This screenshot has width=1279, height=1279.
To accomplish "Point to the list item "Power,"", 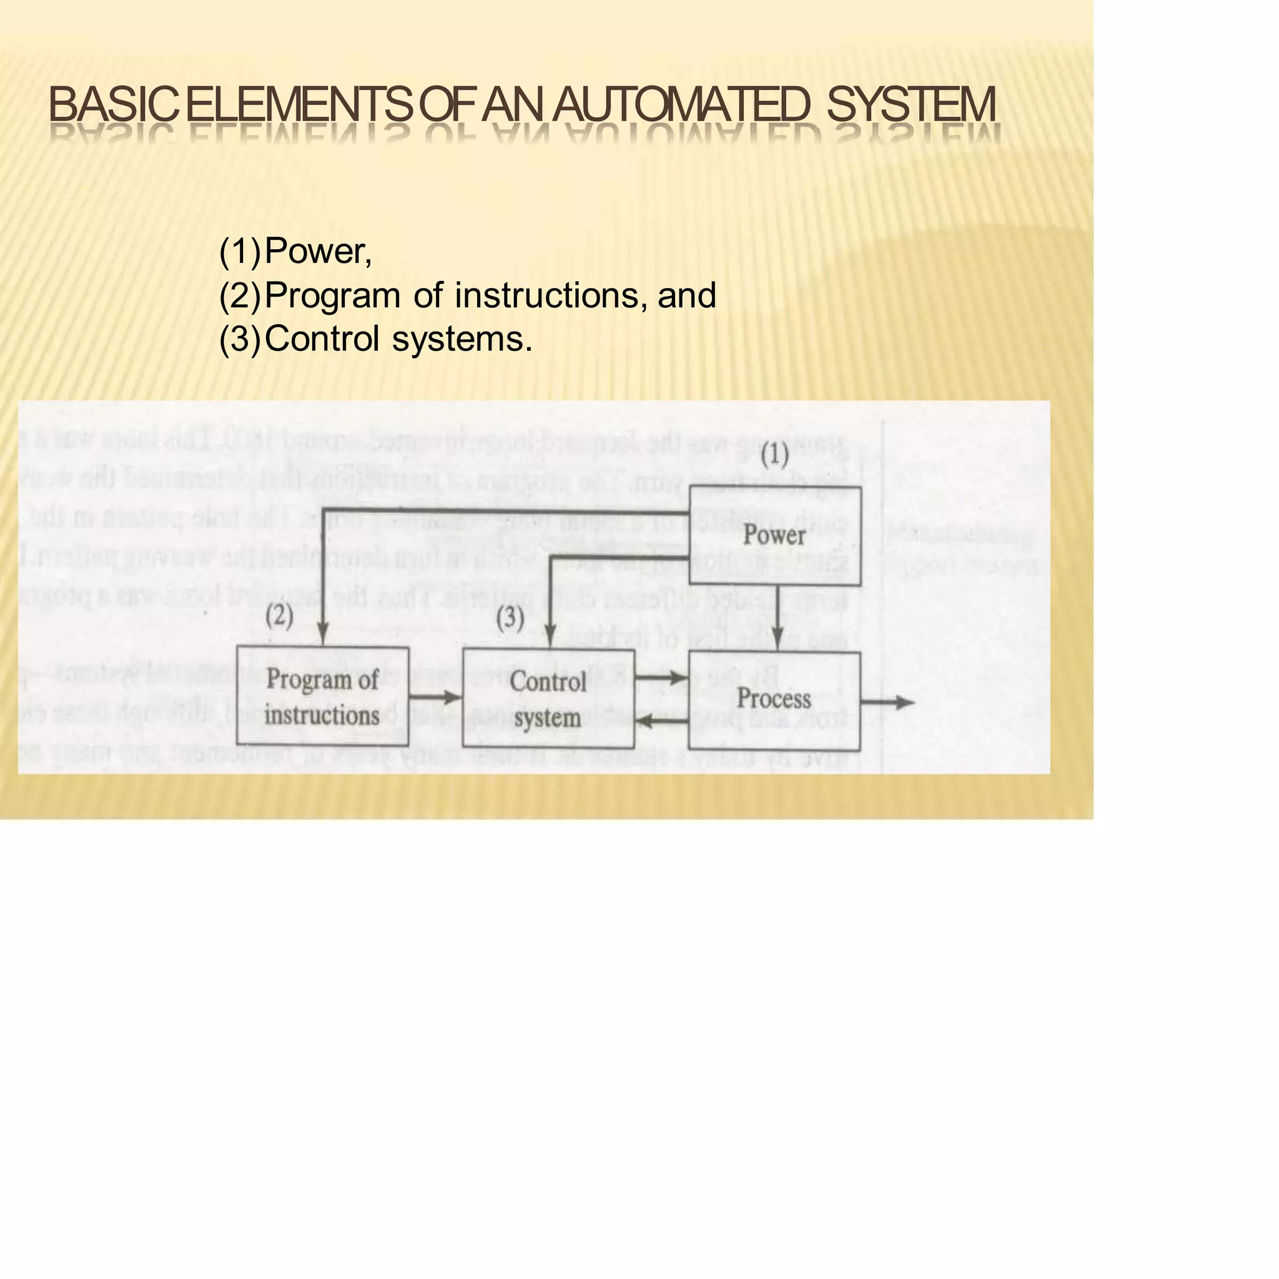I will coord(318,251).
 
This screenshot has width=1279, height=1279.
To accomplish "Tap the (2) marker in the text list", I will coord(240,295).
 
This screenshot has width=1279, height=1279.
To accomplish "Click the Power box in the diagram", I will coord(774,536).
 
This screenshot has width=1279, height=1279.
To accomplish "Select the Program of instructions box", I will coord(322,696).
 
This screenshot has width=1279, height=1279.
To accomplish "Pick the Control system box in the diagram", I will coord(548,698).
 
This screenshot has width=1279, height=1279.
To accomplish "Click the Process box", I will coord(774,699).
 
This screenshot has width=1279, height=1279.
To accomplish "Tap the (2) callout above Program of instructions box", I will coord(279,616).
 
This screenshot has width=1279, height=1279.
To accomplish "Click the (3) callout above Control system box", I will coord(510,618).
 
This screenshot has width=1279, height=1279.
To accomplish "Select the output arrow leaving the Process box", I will coord(889,703).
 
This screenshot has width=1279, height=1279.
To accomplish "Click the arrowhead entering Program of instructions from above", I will coord(323,636).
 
